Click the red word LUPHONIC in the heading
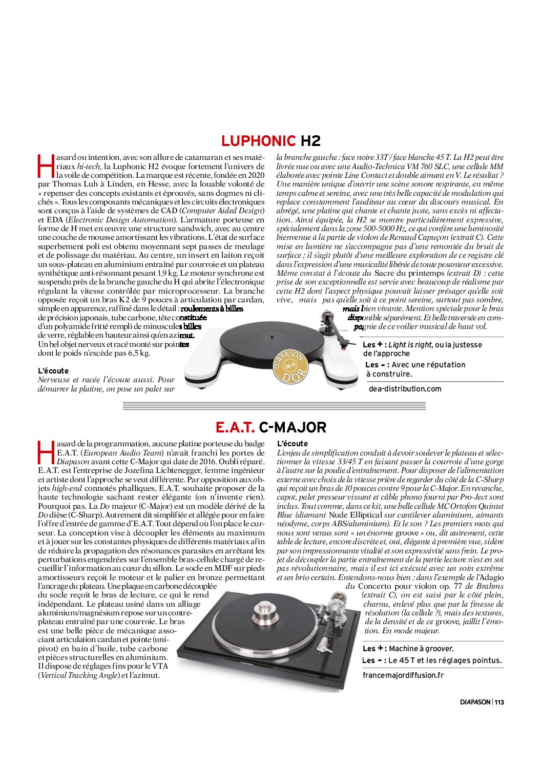[258, 141]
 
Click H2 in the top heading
[310, 141]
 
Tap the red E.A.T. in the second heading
[235, 427]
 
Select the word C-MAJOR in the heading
[293, 427]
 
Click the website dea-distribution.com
[405, 389]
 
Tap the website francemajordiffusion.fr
[403, 675]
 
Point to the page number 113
[499, 702]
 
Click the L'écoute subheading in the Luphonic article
[53, 370]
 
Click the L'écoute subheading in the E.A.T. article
[293, 444]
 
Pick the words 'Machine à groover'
[421, 649]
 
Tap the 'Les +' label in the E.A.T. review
[374, 648]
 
